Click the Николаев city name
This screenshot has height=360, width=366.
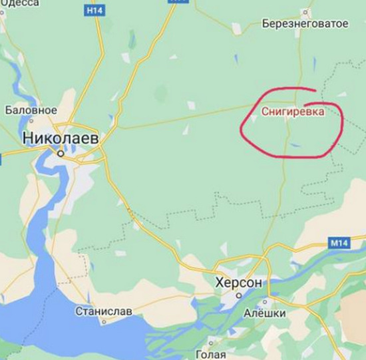tap(61, 138)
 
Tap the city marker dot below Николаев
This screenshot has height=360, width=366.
tap(61, 153)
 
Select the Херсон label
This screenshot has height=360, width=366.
tap(239, 283)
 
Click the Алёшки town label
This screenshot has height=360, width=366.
tap(264, 313)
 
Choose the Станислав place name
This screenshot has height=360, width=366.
tap(103, 311)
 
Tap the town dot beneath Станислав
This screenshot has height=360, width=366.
tap(103, 321)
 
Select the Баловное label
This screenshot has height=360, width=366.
tap(31, 109)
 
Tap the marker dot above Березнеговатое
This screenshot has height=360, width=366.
tap(305, 11)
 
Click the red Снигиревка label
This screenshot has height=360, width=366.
tap(293, 112)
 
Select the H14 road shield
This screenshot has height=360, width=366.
tap(94, 11)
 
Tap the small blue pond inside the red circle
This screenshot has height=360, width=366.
tap(295, 144)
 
